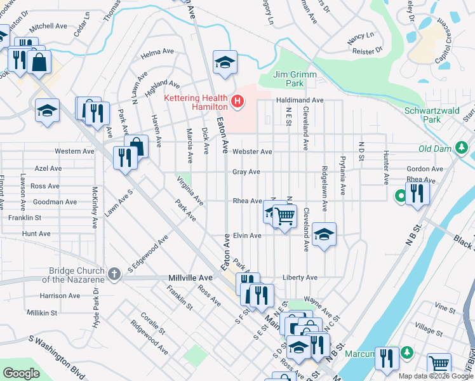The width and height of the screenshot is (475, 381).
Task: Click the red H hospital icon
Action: coord(237,101)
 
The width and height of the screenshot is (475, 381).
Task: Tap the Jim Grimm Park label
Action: coord(295,79)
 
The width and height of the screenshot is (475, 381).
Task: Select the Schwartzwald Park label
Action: coord(431,114)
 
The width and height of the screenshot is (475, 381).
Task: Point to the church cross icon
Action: coord(114,274)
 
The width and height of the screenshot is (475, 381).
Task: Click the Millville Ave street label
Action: coord(191,278)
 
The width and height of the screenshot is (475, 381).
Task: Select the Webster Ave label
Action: coord(252,152)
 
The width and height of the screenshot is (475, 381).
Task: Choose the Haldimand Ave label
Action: coord(299,100)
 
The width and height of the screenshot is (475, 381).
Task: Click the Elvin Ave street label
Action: coord(246,236)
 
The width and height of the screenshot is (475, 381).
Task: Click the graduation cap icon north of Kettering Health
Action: coord(224,62)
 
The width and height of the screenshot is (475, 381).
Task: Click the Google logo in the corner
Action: coord(21,373)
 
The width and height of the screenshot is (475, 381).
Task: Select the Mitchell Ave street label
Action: coord(48,27)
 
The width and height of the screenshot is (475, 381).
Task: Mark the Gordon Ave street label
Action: coord(425,169)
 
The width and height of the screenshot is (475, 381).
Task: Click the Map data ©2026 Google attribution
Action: coord(436,376)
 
